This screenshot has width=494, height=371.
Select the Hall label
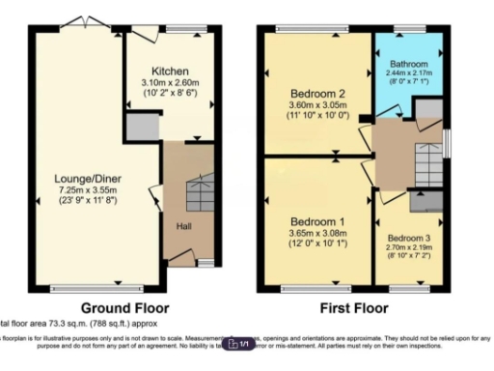pyautogui.click(x=182, y=226)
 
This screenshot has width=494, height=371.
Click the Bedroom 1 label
pyautogui.click(x=317, y=221)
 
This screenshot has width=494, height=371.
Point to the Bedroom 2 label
pyautogui.click(x=316, y=93)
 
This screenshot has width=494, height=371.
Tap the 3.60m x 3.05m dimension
pyautogui.click(x=316, y=105)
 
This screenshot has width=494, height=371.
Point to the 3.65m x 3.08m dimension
pyautogui.click(x=317, y=234)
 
